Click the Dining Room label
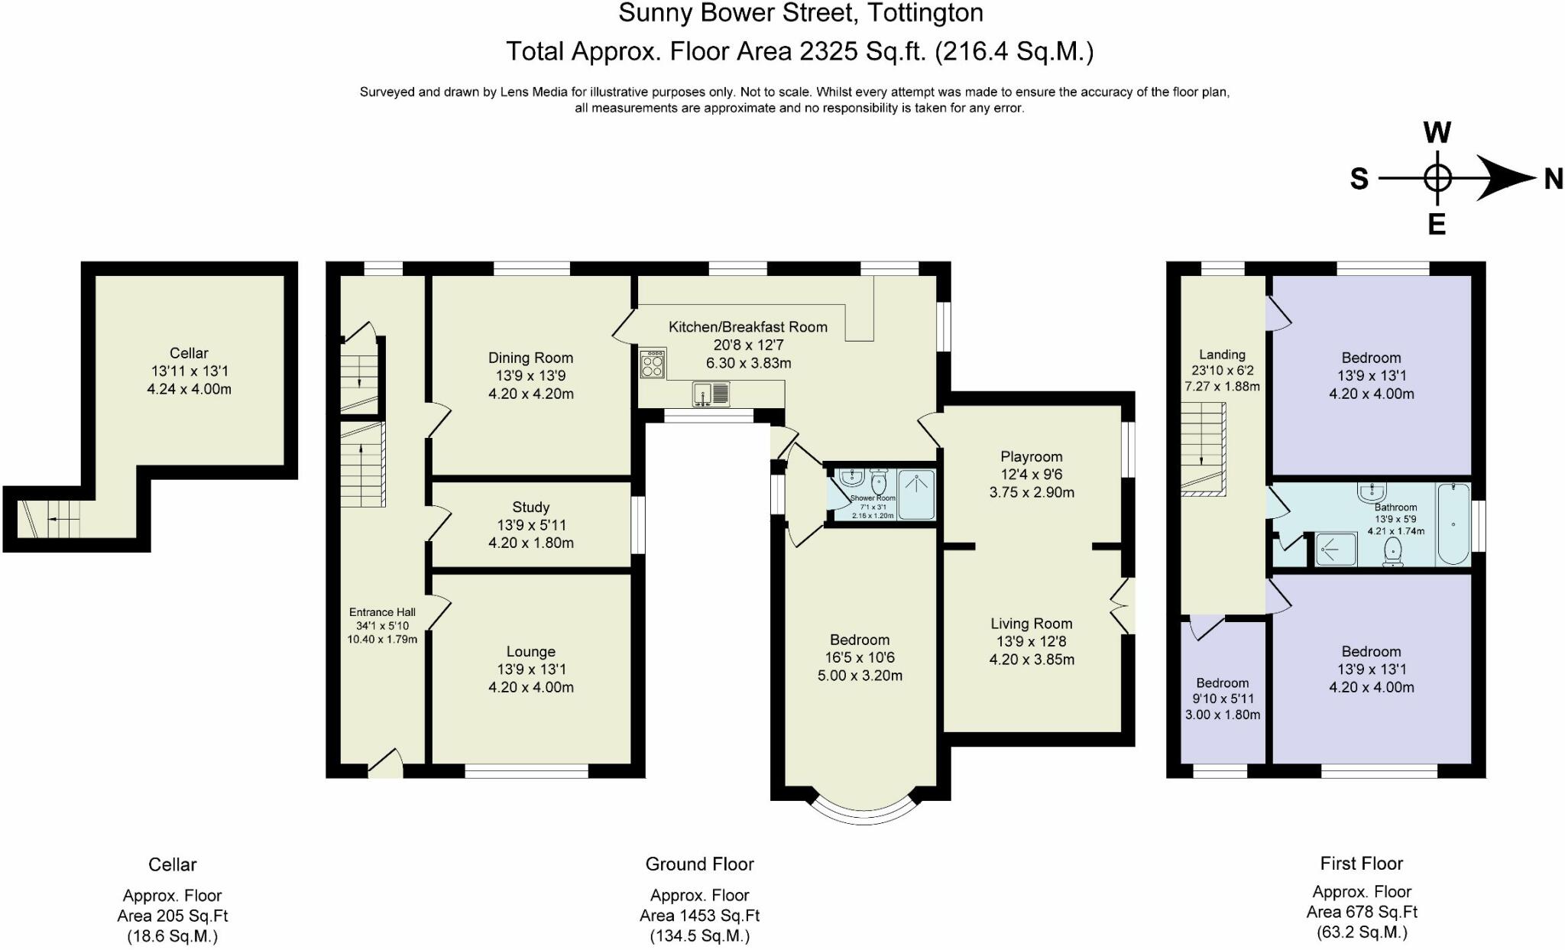[x=530, y=358]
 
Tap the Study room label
[x=530, y=507]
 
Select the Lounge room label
[x=530, y=652]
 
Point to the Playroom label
[x=1032, y=457]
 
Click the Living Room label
[x=1032, y=624]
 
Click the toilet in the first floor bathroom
[x=1394, y=552]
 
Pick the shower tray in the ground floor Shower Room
[x=915, y=494]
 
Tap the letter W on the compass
[x=1437, y=133]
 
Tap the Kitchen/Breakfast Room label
[x=748, y=327]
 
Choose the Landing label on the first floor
[x=1222, y=355]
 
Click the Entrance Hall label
[x=382, y=612]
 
